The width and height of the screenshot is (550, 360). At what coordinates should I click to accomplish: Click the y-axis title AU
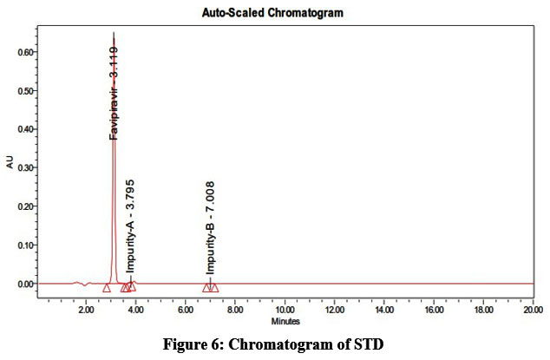[10, 162]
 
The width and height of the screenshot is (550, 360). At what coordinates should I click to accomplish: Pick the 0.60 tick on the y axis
[24, 52]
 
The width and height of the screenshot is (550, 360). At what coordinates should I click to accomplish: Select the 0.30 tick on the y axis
[24, 168]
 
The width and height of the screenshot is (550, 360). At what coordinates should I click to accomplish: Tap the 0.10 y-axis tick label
[24, 245]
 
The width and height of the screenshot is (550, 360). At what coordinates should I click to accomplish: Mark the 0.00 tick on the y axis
[24, 284]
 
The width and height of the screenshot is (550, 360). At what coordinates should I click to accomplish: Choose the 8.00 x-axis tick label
[235, 310]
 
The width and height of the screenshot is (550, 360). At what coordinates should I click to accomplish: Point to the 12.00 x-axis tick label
[334, 310]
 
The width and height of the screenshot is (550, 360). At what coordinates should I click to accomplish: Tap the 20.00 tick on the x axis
[532, 310]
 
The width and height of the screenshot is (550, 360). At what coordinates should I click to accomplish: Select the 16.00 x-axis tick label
[433, 310]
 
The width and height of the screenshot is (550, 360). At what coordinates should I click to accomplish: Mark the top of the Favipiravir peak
[114, 35]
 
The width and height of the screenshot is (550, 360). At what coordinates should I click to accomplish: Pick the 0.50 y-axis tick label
[24, 91]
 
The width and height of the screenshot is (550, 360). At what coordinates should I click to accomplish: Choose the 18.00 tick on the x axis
[482, 310]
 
